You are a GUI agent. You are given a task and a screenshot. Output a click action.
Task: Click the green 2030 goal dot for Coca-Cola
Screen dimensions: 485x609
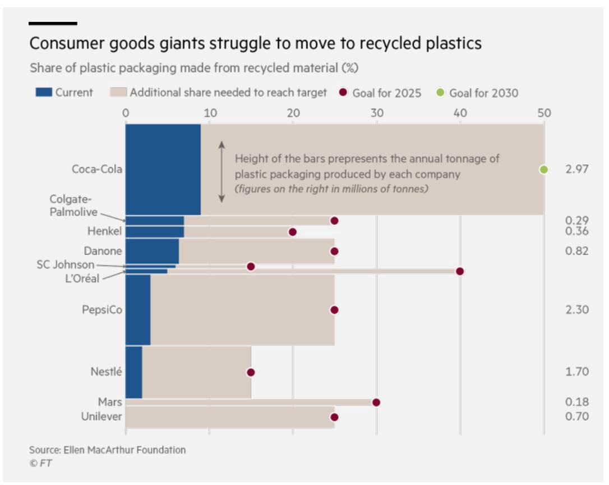click(x=543, y=170)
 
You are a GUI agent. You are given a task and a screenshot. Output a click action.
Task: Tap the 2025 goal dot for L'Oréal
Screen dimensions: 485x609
click(x=460, y=271)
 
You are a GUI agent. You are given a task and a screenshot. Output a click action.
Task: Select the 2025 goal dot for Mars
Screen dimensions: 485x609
click(x=376, y=402)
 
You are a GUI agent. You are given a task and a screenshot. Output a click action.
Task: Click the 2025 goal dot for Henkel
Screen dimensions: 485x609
click(x=292, y=232)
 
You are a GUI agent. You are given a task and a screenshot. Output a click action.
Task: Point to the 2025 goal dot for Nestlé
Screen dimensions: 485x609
click(x=251, y=372)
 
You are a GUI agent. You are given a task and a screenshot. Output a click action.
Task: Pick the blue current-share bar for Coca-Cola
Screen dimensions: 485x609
click(x=163, y=170)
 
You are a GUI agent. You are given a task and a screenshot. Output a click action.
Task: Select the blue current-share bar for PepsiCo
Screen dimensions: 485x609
click(x=138, y=310)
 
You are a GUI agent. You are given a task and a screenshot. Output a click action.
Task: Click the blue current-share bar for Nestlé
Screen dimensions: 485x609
click(x=134, y=372)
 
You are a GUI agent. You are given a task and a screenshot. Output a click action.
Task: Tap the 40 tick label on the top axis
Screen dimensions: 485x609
click(x=460, y=113)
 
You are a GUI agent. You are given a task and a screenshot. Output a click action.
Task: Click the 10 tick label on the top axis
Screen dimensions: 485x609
click(x=209, y=113)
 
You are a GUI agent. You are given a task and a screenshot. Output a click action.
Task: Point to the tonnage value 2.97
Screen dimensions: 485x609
click(x=577, y=170)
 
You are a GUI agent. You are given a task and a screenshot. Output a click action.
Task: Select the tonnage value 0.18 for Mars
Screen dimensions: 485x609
click(x=577, y=402)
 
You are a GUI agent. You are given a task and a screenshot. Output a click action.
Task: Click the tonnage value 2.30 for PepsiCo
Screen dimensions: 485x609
click(x=577, y=310)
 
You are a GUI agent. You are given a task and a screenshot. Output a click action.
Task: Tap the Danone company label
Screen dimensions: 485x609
click(x=103, y=251)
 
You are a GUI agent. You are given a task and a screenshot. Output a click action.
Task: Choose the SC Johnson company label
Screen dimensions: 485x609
click(x=66, y=264)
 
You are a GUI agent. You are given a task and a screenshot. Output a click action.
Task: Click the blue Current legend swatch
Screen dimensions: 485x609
click(x=43, y=92)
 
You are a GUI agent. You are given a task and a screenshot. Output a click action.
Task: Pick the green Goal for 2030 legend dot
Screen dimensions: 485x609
click(x=441, y=92)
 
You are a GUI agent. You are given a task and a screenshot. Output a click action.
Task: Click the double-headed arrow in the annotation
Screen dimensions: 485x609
click(x=222, y=172)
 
